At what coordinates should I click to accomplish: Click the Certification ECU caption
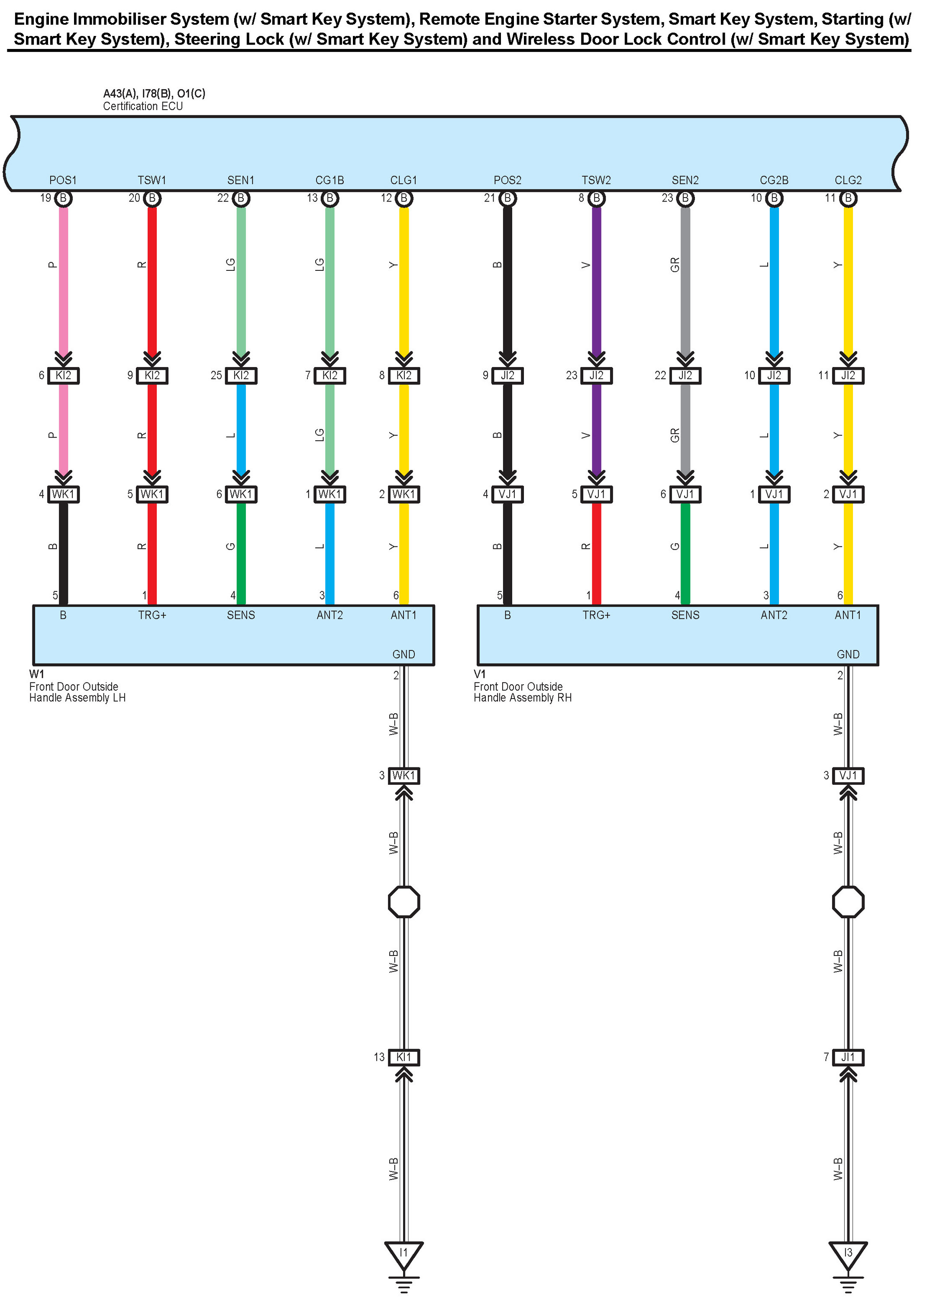pyautogui.click(x=143, y=106)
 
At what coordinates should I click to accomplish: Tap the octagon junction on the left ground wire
pyautogui.click(x=404, y=902)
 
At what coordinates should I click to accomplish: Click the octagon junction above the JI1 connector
pyautogui.click(x=848, y=902)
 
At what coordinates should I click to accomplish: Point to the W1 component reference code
pyautogui.click(x=36, y=674)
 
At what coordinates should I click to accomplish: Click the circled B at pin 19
pyautogui.click(x=63, y=198)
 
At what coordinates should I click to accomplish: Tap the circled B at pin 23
pyautogui.click(x=685, y=198)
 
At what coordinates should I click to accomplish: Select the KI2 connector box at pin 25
pyautogui.click(x=241, y=375)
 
